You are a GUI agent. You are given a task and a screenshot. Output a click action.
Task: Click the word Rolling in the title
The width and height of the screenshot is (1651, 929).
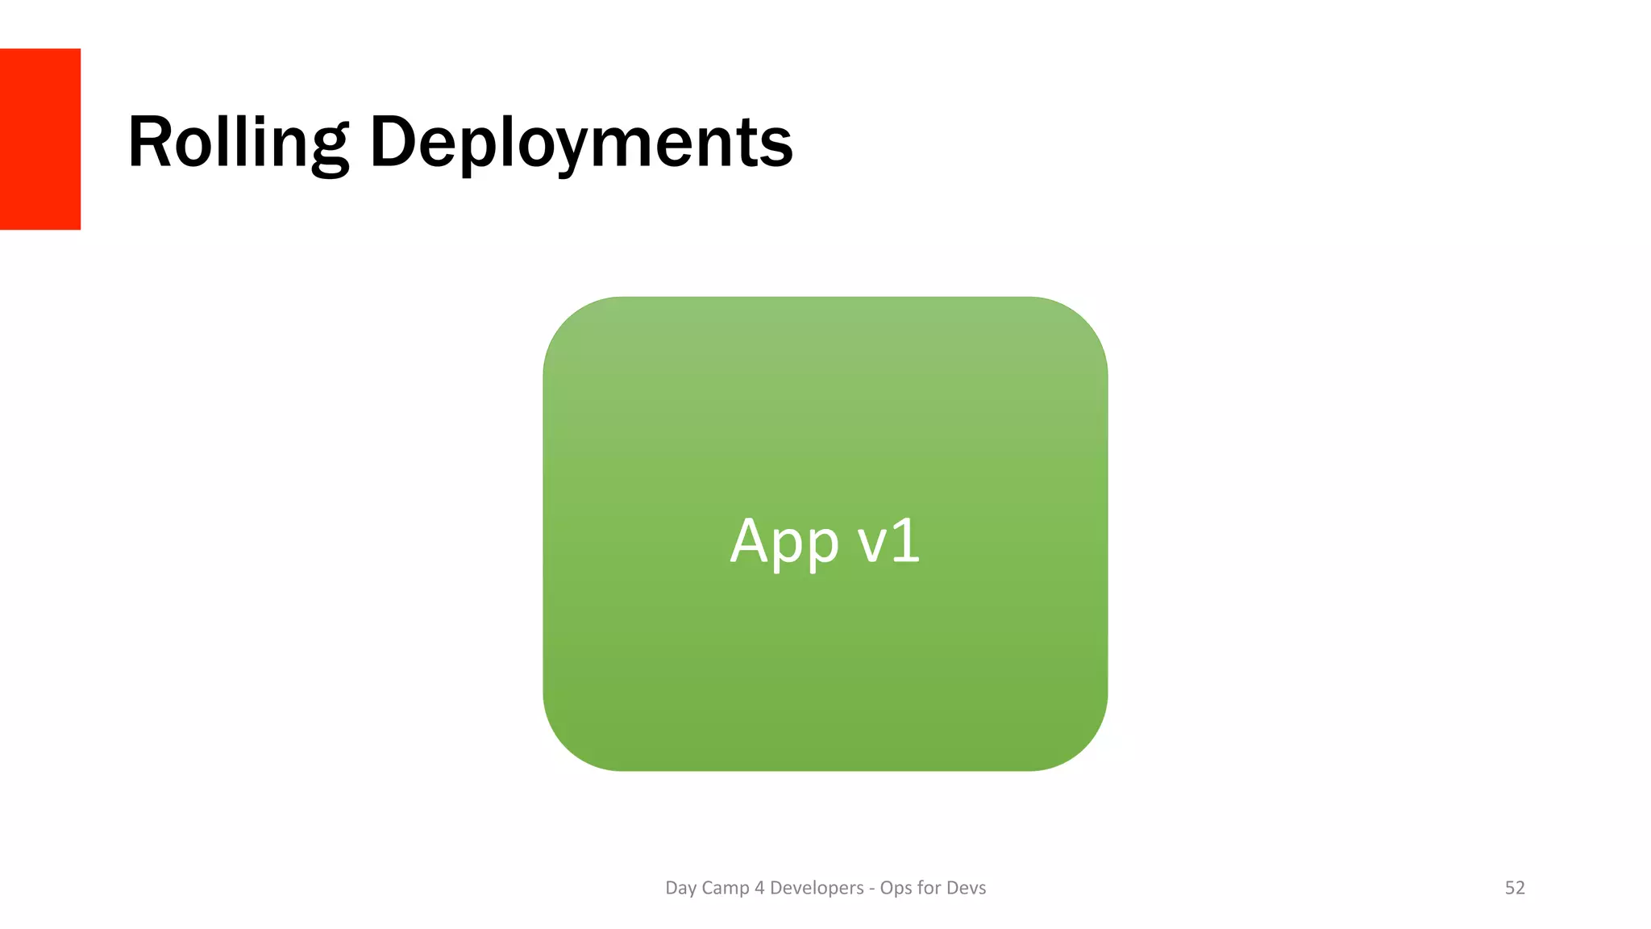click(238, 143)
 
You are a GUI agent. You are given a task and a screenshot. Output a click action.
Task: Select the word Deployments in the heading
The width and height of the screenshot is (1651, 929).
click(581, 143)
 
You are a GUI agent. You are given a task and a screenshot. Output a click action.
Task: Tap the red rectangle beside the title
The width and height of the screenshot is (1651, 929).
click(40, 139)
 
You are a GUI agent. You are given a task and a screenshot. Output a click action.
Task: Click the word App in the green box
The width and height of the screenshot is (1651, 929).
click(784, 542)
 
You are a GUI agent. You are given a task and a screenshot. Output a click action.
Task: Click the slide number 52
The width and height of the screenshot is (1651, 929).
click(1515, 888)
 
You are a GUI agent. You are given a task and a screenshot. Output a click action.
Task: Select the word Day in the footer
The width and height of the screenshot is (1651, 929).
click(680, 888)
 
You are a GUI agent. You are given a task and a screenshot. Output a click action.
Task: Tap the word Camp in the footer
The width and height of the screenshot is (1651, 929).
click(726, 888)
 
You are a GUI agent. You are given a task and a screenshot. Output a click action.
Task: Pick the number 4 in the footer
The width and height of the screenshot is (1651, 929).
click(759, 888)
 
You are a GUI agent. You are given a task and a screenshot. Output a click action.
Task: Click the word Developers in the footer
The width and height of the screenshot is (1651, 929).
click(817, 888)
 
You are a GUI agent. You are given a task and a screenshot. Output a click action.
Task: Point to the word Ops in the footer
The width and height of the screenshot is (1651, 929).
click(896, 888)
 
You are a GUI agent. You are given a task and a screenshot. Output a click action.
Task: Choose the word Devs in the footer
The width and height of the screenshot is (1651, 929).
click(966, 888)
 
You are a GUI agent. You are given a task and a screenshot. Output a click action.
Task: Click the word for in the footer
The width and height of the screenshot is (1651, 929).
click(929, 888)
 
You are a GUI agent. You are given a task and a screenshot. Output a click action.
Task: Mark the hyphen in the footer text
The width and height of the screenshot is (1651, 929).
click(871, 889)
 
